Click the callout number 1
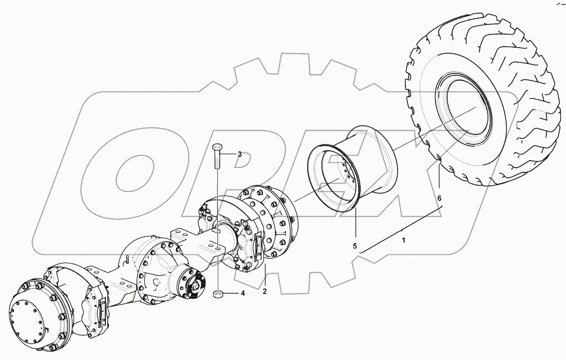404,240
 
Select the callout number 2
265,292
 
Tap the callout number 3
239,154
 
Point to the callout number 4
242,294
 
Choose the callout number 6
439,198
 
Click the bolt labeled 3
217,156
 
